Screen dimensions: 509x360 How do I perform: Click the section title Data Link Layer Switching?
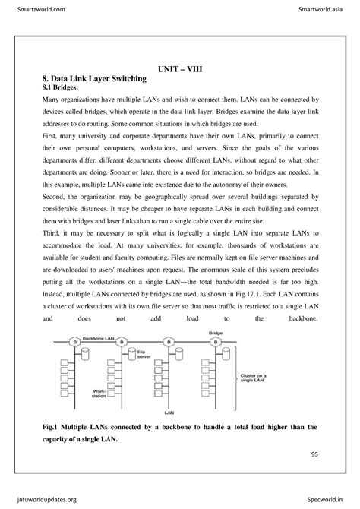tap(99, 78)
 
